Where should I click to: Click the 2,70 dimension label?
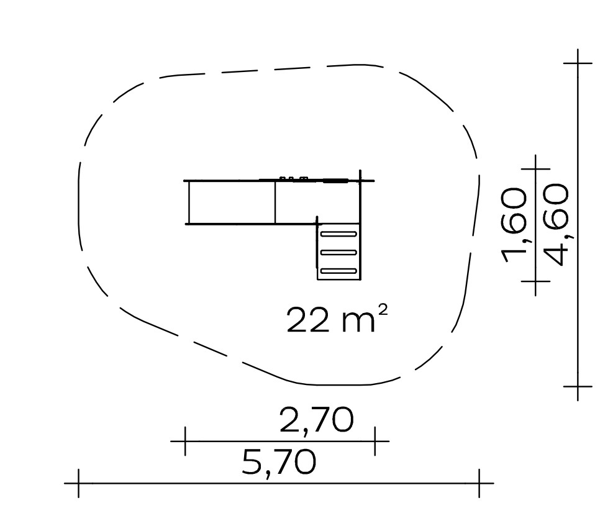(316, 420)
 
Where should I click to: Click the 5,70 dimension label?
(279, 462)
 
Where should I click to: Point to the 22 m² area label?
(337, 319)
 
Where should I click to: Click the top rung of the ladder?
(338, 234)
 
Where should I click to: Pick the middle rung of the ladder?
(338, 253)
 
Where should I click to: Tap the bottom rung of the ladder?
(338, 271)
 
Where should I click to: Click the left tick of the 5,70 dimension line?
(79, 483)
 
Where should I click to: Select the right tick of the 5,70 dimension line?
(479, 483)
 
